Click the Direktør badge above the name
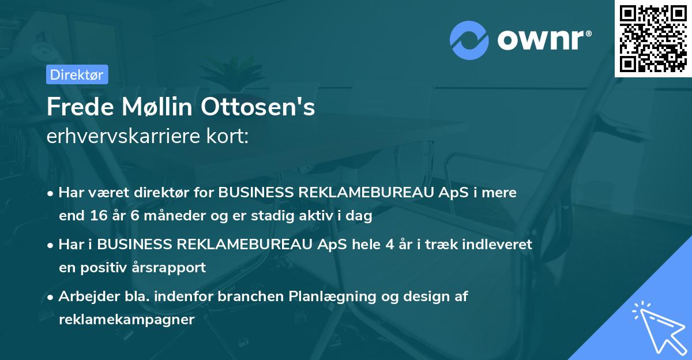[77, 74]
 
